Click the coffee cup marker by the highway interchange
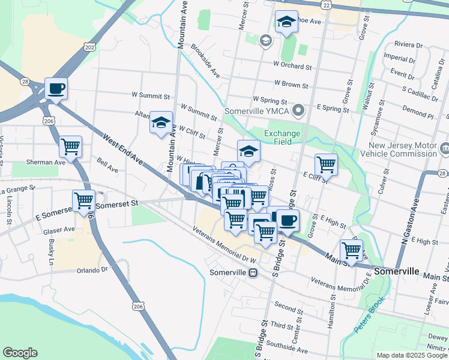[56, 89]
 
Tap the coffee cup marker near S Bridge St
[288, 220]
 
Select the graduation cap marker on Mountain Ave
[161, 122]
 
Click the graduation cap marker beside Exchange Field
[249, 151]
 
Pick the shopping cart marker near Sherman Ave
[70, 146]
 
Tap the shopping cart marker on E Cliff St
[326, 164]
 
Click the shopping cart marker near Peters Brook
[351, 250]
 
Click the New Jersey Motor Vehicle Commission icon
[445, 148]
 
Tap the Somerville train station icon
[253, 272]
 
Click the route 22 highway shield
[326, 4]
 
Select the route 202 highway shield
[90, 47]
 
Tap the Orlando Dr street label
[91, 270]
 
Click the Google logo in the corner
[20, 353]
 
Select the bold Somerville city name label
[396, 271]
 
